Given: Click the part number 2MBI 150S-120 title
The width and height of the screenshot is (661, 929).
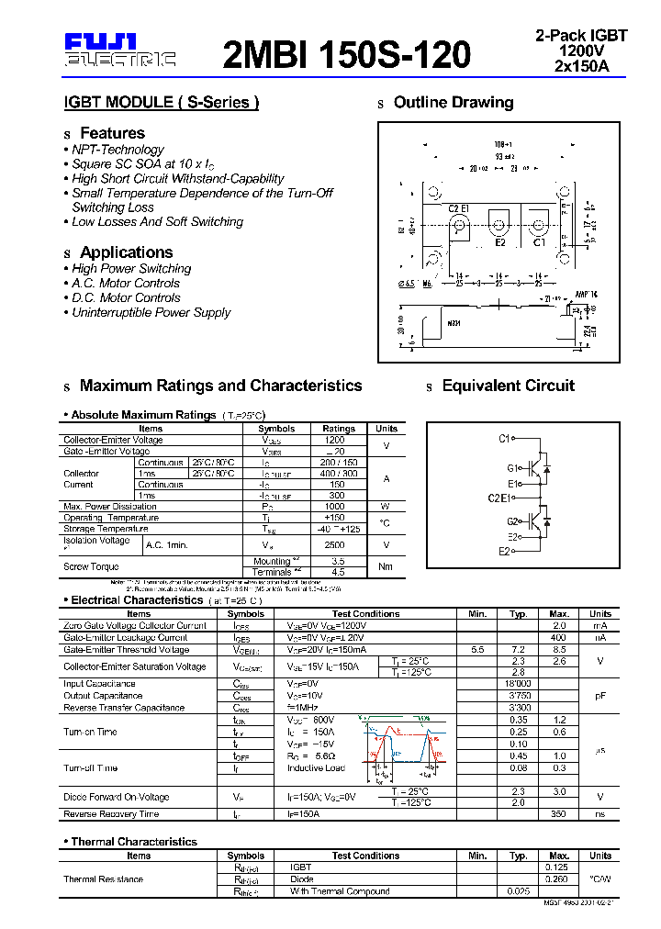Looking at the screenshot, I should (347, 54).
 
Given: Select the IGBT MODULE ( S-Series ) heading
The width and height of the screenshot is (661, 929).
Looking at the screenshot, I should (161, 103).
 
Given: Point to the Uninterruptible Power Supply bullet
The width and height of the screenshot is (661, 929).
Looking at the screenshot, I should (151, 312).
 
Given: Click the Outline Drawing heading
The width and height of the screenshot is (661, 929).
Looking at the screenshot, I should (454, 103).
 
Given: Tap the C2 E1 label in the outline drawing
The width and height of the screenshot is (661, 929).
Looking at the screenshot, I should (459, 208).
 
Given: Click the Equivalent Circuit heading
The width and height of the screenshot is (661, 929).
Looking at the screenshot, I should (508, 386).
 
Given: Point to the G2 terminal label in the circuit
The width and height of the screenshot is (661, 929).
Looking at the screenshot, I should (512, 520).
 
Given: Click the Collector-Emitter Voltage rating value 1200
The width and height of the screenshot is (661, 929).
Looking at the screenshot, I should (335, 440).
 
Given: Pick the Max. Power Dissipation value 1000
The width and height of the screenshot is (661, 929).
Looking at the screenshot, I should (337, 506).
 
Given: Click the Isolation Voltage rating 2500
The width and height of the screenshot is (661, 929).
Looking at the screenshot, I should (337, 544).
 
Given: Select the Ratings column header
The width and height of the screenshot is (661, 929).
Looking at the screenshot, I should (339, 429).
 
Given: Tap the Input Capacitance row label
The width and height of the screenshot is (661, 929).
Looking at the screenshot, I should (98, 684).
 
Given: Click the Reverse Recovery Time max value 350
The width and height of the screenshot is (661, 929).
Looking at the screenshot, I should (558, 814).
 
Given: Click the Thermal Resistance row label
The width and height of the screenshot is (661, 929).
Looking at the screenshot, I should (103, 879).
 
